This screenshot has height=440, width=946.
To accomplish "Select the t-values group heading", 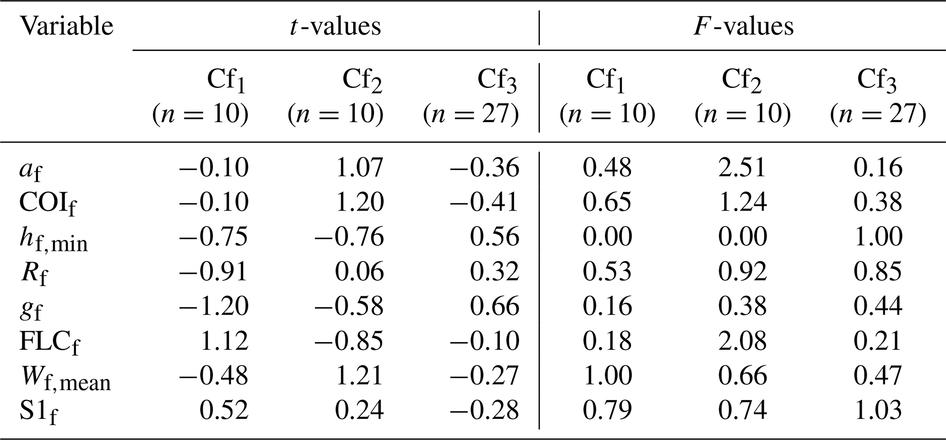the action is (335, 26).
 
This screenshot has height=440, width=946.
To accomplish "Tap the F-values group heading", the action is (744, 26).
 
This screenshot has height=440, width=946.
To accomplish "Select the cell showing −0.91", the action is (214, 272).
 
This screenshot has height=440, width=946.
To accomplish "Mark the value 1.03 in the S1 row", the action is (878, 410).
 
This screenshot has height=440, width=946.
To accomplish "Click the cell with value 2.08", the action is (742, 341).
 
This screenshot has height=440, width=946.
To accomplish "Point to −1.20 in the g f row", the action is (214, 306).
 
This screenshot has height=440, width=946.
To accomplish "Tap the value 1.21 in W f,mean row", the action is (360, 375).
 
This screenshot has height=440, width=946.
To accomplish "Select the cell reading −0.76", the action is (349, 237).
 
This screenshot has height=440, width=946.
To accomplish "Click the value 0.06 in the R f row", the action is (360, 272).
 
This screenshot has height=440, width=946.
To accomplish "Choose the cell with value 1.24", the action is (742, 202).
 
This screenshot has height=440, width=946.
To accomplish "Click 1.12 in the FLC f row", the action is (225, 341).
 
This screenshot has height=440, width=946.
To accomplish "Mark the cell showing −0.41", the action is (484, 202).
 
